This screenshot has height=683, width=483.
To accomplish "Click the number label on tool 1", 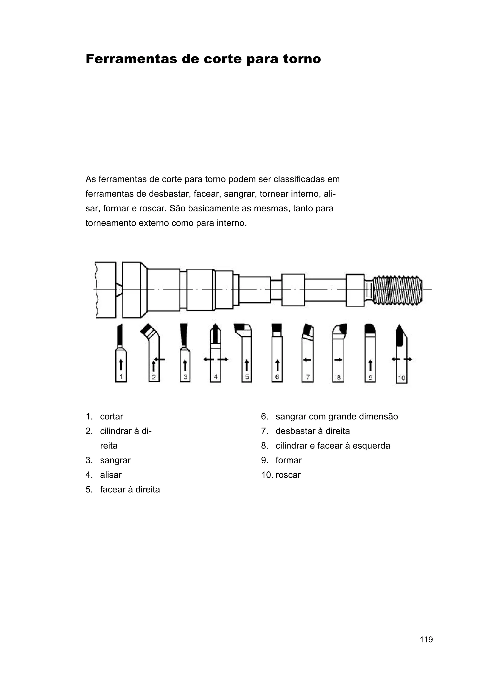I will click(x=121, y=377).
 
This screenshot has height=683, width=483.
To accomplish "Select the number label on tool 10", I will click(x=401, y=378).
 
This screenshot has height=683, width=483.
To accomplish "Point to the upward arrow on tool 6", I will click(x=277, y=365).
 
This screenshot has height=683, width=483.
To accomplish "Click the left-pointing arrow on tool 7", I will click(x=307, y=360).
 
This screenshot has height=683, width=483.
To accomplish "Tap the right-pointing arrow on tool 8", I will click(x=338, y=360).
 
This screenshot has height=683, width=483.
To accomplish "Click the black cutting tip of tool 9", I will click(x=370, y=329).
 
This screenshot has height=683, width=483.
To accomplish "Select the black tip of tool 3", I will click(x=184, y=335).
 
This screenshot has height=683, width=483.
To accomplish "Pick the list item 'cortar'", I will click(x=111, y=416).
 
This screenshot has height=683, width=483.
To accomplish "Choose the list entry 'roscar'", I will click(x=288, y=475).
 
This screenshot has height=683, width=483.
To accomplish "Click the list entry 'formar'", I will click(x=288, y=460).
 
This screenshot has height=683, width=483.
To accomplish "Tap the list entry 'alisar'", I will click(x=111, y=475).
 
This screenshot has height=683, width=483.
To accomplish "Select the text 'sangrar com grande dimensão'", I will click(x=337, y=416).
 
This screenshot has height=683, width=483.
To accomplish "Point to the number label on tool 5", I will click(x=247, y=377).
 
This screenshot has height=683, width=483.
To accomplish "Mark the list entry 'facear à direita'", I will click(x=130, y=489).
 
